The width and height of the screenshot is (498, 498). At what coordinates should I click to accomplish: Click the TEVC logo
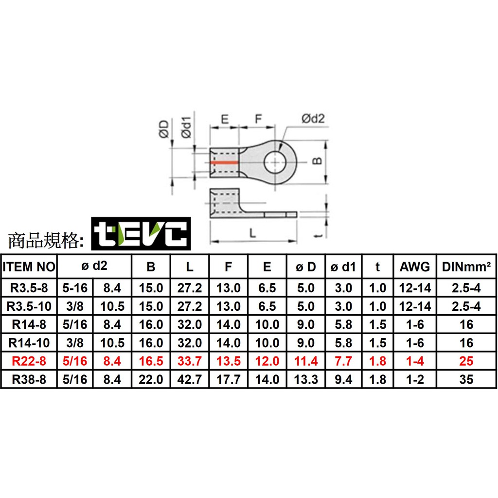[141, 233]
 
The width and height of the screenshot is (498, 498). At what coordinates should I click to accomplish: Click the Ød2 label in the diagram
[313, 118]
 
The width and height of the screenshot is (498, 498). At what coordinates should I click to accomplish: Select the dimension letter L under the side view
[253, 233]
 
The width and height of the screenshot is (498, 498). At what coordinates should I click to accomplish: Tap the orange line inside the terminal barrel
[224, 162]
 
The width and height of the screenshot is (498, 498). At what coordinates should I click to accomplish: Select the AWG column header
[415, 267]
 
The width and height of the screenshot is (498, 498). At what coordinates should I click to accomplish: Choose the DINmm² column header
[466, 267]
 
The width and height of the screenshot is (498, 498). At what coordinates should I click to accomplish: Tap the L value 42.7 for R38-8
[190, 379]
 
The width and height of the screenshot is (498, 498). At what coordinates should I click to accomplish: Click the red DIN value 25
[466, 361]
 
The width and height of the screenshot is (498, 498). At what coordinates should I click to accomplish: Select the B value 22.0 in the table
[151, 379]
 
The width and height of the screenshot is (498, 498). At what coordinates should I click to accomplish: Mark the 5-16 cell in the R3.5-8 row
[75, 288]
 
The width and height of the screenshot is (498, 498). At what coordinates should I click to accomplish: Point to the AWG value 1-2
[415, 379]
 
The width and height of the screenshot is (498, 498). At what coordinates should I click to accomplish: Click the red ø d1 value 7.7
[343, 361]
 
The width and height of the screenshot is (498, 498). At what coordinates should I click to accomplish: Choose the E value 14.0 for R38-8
[267, 379]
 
